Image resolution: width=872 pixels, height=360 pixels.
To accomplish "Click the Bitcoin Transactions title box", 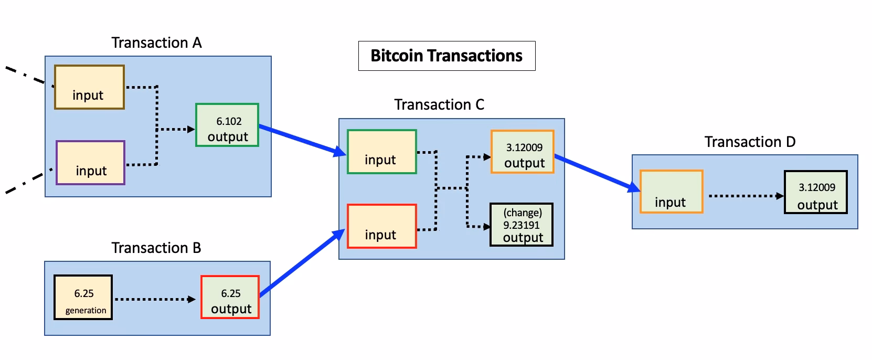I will [446, 56].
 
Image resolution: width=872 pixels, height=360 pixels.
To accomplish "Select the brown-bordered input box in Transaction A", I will [89, 87].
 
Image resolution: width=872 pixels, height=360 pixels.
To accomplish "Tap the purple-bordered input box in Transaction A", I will [90, 163].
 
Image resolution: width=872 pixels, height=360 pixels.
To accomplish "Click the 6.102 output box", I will [227, 125].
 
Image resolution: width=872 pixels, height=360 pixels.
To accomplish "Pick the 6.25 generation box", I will [83, 297].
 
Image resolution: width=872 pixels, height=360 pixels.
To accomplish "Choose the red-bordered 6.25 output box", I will [230, 297].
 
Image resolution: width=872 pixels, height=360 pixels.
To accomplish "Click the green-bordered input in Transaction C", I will [381, 152].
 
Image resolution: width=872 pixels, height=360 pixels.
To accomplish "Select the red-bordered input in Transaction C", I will [381, 226].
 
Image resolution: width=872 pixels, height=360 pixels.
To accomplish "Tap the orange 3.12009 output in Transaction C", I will [522, 152].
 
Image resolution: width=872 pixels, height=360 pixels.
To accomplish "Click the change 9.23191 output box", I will [522, 225].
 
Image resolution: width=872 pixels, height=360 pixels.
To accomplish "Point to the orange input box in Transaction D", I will [671, 192].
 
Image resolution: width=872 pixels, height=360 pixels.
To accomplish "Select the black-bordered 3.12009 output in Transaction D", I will [815, 192].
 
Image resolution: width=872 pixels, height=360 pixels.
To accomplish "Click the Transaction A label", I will [156, 43].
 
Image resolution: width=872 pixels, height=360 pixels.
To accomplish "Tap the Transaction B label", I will [156, 248].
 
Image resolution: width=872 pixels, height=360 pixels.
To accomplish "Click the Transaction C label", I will [439, 105].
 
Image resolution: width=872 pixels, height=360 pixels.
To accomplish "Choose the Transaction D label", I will [750, 142].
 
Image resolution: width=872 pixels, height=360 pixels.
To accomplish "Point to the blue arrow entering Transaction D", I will [597, 172].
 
